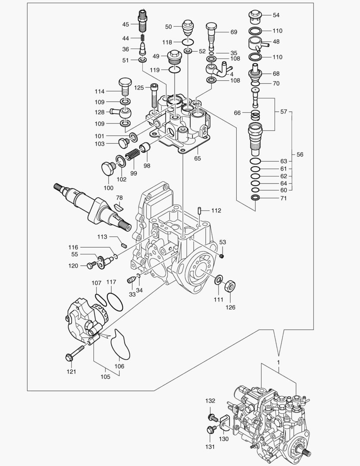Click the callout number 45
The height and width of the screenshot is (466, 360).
[x=125, y=24]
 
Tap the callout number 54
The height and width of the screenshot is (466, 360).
[x=276, y=15]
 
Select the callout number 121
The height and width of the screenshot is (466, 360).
[x=71, y=372]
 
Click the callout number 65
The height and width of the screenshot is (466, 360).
[x=197, y=158]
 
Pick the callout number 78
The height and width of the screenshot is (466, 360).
[x=119, y=198]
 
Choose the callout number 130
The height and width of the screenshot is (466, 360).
[x=224, y=439]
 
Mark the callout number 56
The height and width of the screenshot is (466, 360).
[x=300, y=154]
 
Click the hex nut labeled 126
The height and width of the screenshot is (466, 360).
[x=230, y=285]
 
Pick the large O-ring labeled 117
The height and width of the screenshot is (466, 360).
[x=115, y=301]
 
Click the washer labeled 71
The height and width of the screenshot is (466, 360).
[x=256, y=198]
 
